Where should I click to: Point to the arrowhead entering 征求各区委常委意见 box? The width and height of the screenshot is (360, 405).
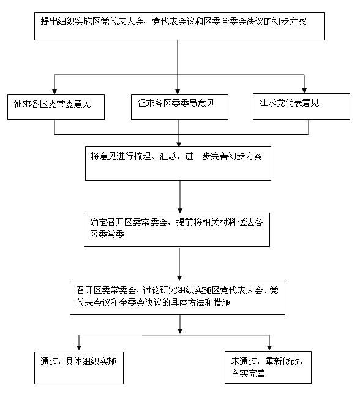(54, 92)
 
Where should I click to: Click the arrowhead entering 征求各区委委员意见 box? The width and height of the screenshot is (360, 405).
(178, 92)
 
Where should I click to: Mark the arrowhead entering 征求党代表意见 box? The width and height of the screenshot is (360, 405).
(304, 91)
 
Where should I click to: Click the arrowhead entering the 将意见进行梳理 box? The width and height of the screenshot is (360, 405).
(179, 144)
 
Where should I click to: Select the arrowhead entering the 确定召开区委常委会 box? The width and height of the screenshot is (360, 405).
(180, 210)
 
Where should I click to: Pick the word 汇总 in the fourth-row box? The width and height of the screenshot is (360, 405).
(168, 156)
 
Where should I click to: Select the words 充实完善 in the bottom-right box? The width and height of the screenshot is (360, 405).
(248, 374)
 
